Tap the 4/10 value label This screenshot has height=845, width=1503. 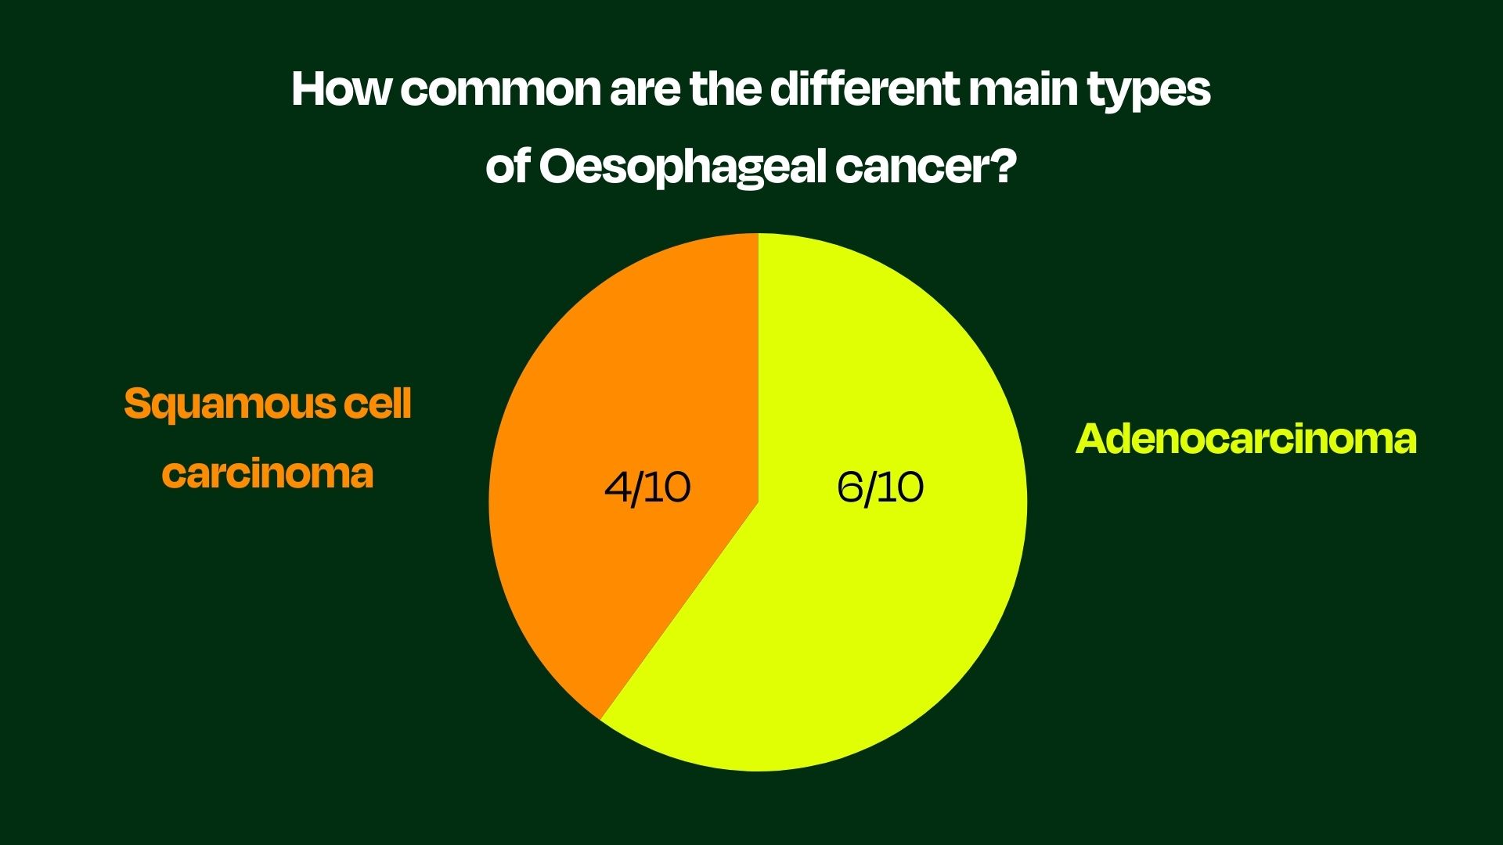click(647, 487)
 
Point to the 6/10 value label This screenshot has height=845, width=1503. click(880, 487)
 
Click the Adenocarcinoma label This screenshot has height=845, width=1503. click(1245, 439)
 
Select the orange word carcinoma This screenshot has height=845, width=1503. click(268, 473)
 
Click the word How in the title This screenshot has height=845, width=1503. click(341, 89)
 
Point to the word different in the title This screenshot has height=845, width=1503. click(864, 89)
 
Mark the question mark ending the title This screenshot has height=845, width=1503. click(1003, 166)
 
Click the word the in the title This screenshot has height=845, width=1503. click(726, 89)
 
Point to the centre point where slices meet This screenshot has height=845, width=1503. click(758, 502)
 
